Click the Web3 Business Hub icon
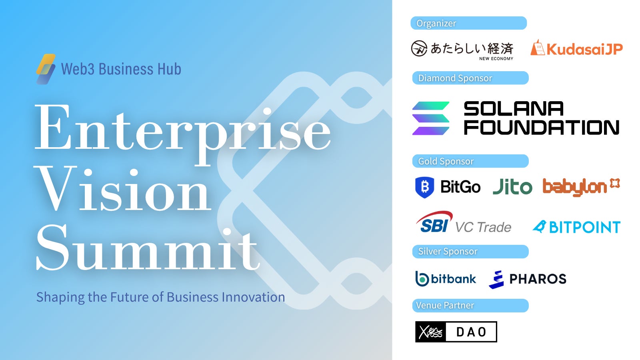(x=46, y=69)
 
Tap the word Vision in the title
(x=124, y=189)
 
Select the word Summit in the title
(x=148, y=248)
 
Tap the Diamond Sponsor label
(x=455, y=78)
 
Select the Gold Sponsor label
(x=446, y=161)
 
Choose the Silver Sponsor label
(x=448, y=251)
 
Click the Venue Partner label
(x=445, y=305)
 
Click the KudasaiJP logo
(x=576, y=49)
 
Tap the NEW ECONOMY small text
(x=496, y=58)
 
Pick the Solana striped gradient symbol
(x=431, y=118)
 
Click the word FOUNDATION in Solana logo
(x=541, y=128)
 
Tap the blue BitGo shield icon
(x=424, y=187)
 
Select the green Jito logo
(x=512, y=187)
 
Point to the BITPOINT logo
(x=576, y=227)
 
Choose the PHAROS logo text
(x=538, y=279)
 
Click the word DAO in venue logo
(x=471, y=332)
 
